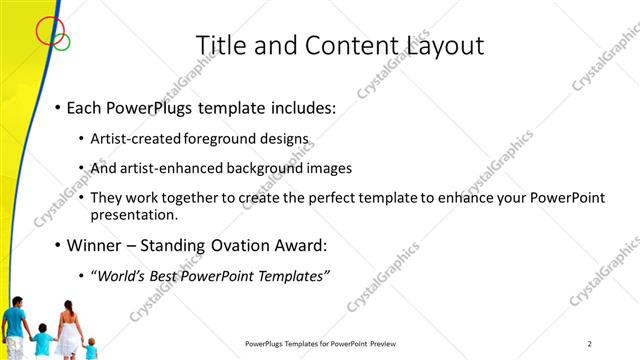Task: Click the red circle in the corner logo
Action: coord(48,31)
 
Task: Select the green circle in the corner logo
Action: coord(62,41)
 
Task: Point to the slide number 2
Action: coord(590,344)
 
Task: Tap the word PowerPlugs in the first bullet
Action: coord(157,106)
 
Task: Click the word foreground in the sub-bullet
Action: coord(225,139)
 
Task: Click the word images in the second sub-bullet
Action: coord(330,168)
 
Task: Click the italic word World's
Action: coord(120,277)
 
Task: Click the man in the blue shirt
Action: coord(14,324)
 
